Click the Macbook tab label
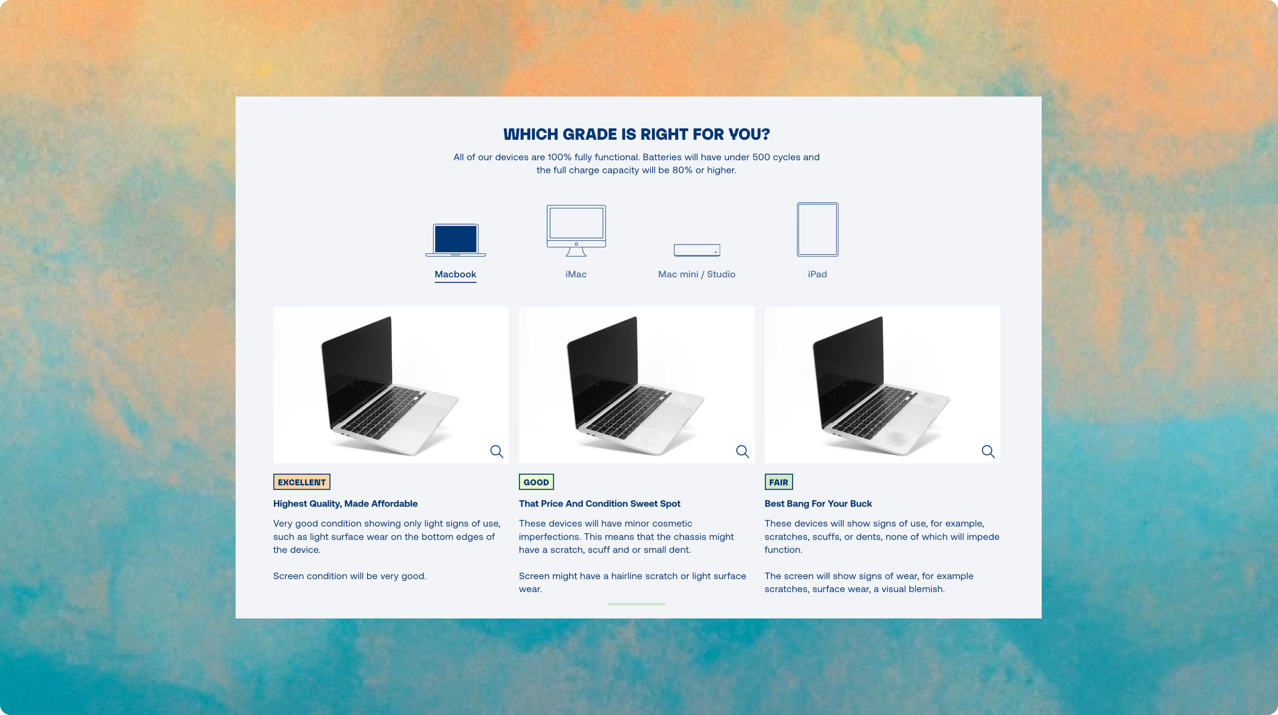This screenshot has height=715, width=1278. click(455, 274)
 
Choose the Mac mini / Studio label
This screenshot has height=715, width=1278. click(697, 274)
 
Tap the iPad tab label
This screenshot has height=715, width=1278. click(817, 274)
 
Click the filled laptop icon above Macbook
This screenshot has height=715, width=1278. click(455, 240)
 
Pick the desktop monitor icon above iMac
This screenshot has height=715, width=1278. click(576, 230)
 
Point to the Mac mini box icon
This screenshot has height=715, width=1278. click(697, 250)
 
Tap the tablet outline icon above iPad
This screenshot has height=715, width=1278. click(817, 229)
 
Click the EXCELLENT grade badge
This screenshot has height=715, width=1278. click(302, 482)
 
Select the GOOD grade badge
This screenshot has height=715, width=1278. click(536, 482)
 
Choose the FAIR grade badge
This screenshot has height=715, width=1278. click(778, 482)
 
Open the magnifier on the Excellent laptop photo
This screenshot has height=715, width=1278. click(497, 451)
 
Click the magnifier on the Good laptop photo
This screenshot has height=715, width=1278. click(742, 451)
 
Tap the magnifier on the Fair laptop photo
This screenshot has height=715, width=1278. click(988, 451)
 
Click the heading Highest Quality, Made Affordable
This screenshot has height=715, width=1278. click(345, 504)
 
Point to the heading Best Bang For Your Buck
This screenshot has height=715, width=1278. click(818, 504)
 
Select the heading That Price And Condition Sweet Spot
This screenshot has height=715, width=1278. click(599, 504)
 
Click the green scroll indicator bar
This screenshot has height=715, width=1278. click(637, 604)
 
